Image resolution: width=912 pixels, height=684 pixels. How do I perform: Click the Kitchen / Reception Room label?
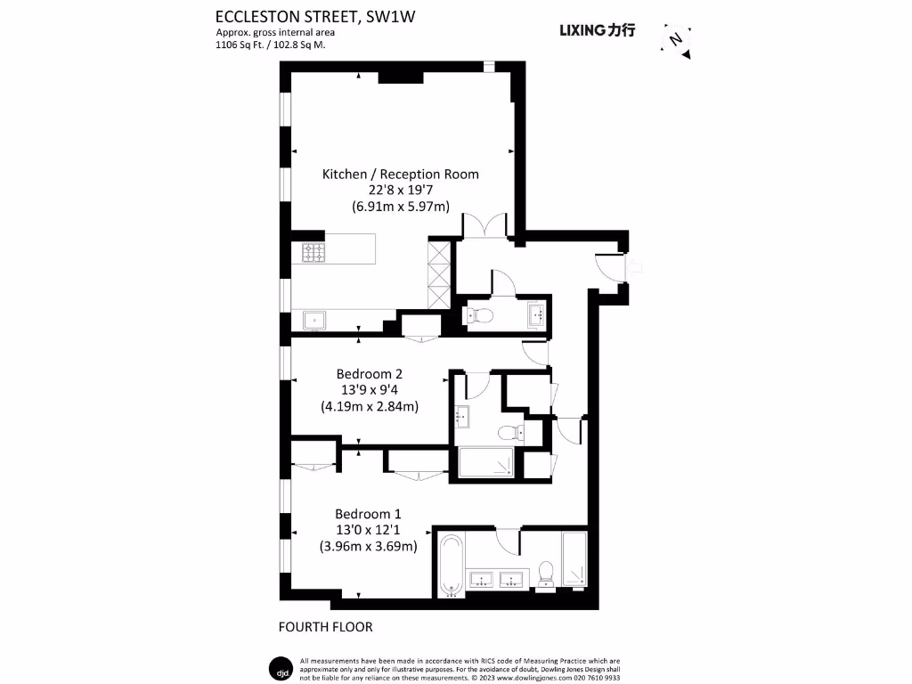point(400,174)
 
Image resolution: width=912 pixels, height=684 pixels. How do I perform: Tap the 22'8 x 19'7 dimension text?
point(400,190)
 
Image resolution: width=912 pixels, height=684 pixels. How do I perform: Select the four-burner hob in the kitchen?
point(313,254)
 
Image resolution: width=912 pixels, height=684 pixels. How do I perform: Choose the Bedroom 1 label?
point(368,514)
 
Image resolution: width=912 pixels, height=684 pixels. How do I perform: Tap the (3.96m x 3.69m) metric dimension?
point(368,546)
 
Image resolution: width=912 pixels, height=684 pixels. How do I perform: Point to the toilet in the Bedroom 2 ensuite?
point(511,434)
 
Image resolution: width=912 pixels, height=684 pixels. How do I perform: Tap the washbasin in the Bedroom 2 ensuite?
point(463,415)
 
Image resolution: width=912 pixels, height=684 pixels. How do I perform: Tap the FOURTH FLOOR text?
point(325,627)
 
